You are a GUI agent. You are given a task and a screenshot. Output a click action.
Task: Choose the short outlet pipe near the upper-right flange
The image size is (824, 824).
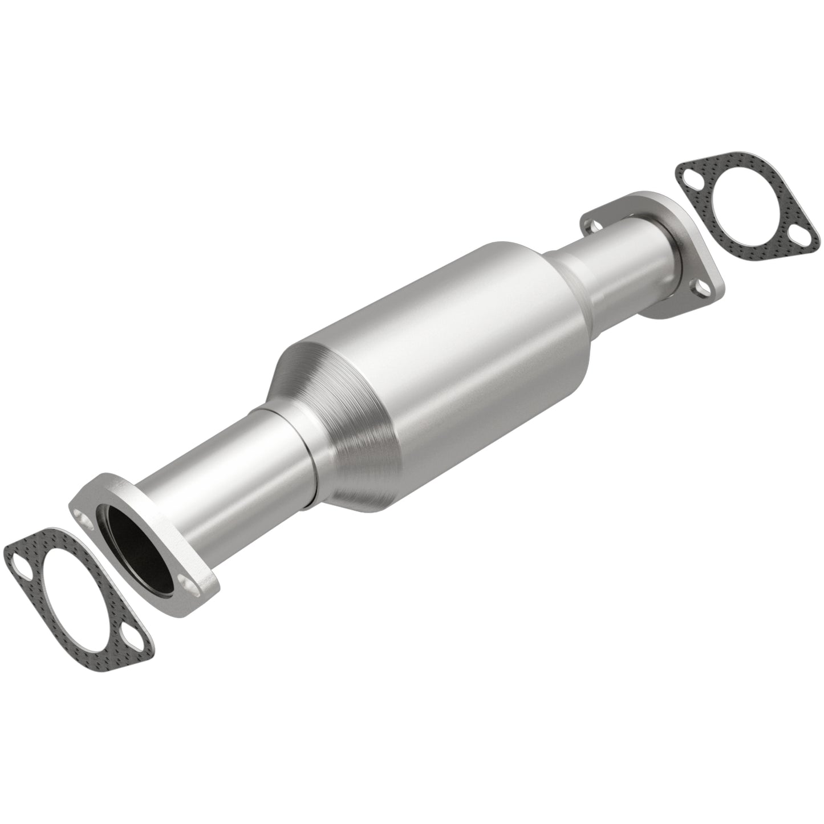point(622,251)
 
